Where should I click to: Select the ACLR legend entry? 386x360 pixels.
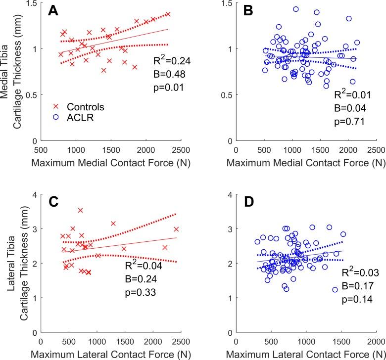pyautogui.click(x=73, y=118)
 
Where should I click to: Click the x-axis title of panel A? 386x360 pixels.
pyautogui.click(x=110, y=162)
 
